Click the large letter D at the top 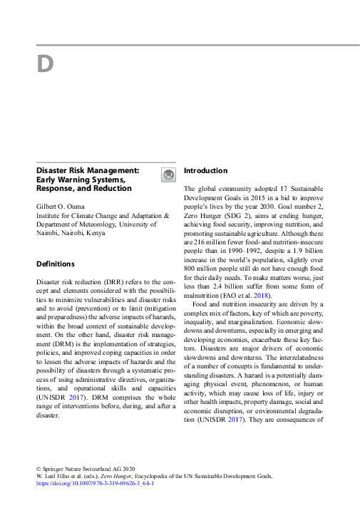pyautogui.click(x=45, y=64)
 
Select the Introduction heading pyautogui.click(x=206, y=171)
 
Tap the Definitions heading pyautogui.click(x=56, y=264)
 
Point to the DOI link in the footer pyautogui.click(x=95, y=483)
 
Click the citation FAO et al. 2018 pyautogui.click(x=243, y=295)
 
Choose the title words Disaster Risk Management pyautogui.click(x=88, y=171)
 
